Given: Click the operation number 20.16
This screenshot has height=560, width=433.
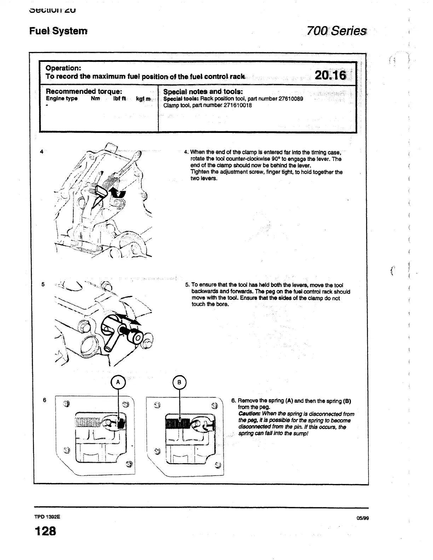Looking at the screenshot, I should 330,75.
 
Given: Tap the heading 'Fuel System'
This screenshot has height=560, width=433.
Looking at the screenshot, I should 58,31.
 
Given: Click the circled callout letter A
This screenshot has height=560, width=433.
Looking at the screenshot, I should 118,382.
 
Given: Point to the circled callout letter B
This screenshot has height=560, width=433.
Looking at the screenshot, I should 179,382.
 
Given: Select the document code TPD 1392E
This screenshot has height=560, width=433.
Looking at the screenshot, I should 47,517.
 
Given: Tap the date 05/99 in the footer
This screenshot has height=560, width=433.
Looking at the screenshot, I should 363,518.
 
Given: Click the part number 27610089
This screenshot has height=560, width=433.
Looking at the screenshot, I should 291,99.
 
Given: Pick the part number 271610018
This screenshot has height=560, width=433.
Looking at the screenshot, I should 238,105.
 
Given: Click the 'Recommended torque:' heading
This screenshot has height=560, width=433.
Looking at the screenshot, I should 84,91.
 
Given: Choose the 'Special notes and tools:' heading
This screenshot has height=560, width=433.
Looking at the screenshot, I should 203,92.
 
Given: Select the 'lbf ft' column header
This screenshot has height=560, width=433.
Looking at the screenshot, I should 120,99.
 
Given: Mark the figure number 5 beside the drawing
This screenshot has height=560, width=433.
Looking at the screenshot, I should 43,284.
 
